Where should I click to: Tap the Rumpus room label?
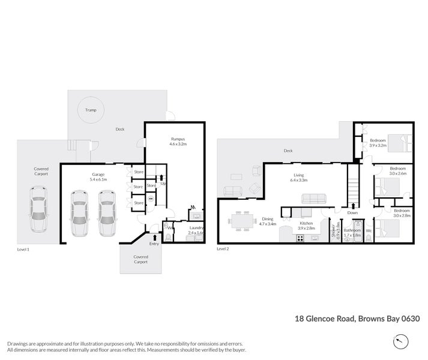178,141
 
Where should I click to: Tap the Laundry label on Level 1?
196,230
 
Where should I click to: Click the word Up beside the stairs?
163,184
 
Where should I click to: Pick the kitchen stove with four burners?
298,238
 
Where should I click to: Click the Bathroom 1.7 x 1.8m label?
352,232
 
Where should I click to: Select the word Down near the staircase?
352,212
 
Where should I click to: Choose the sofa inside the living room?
313,199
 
